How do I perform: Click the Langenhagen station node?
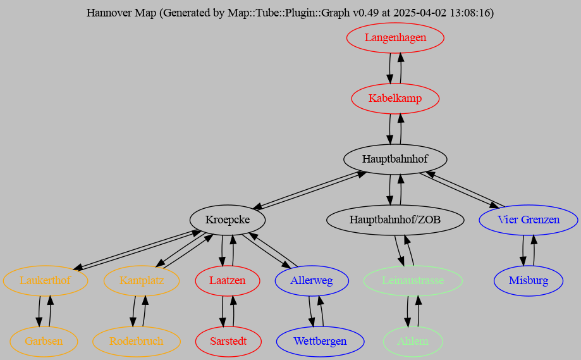click(395, 38)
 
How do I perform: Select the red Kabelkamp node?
click(395, 99)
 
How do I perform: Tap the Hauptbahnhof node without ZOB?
click(395, 159)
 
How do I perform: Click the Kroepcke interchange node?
click(227, 220)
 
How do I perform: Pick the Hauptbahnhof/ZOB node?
click(395, 220)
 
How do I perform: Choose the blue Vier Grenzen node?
click(528, 220)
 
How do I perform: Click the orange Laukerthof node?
click(45, 281)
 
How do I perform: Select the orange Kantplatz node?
click(142, 281)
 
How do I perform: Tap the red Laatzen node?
click(227, 281)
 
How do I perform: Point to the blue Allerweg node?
click(311, 281)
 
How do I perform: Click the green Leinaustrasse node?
click(413, 281)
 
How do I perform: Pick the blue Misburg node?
click(528, 281)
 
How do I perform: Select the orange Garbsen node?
click(44, 342)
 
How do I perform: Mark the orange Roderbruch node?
click(136, 342)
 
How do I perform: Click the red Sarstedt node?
click(227, 342)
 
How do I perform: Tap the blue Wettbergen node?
click(320, 342)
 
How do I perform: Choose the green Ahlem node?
click(413, 342)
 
